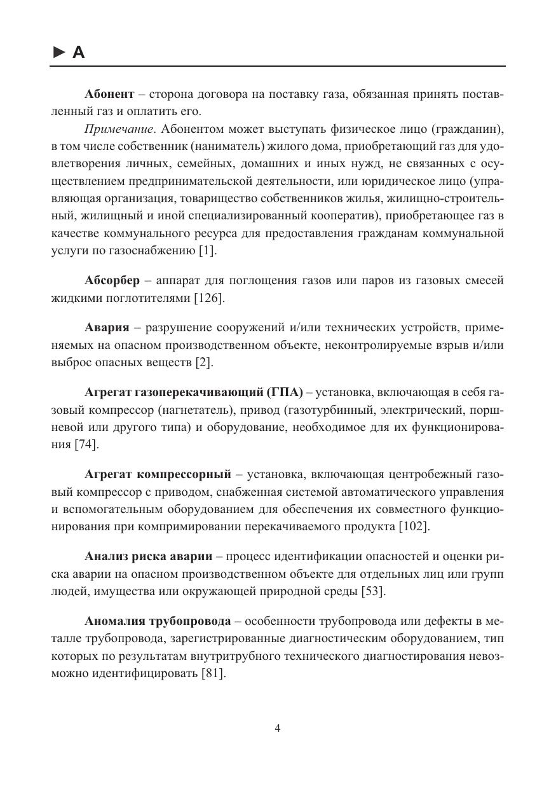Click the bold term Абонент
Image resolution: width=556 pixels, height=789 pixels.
pyautogui.click(x=109, y=94)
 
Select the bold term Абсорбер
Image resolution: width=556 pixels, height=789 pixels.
pyautogui.click(x=111, y=281)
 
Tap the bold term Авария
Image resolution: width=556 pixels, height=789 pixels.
pyautogui.click(x=106, y=327)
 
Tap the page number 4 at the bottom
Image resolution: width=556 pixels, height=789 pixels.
pyautogui.click(x=278, y=729)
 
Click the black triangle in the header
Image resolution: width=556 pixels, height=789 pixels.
pyautogui.click(x=58, y=53)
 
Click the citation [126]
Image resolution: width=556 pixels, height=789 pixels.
pyautogui.click(x=209, y=298)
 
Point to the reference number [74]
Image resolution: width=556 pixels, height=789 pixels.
pyautogui.click(x=86, y=444)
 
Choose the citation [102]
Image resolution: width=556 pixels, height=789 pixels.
pyautogui.click(x=414, y=526)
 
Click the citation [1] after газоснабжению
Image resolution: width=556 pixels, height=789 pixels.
pyautogui.click(x=207, y=250)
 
